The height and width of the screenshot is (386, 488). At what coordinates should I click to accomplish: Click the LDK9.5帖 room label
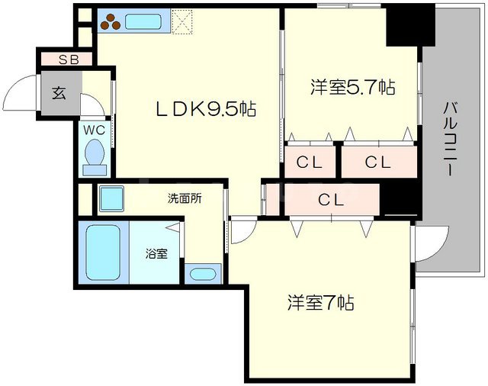[205, 109]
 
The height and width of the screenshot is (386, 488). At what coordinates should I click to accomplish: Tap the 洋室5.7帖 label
[352, 88]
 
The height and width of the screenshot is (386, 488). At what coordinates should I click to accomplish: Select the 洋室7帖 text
[320, 302]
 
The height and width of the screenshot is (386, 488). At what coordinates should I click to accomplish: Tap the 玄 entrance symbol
[59, 94]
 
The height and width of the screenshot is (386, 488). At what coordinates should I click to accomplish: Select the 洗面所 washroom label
[185, 198]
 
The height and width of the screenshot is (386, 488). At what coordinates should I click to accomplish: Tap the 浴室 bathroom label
[157, 253]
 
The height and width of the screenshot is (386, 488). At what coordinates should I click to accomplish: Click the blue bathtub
[103, 253]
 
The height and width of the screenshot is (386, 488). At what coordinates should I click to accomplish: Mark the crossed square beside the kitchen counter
[183, 21]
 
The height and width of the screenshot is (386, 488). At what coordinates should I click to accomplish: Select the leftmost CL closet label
[310, 162]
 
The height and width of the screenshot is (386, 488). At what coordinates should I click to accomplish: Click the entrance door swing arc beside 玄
[21, 95]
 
